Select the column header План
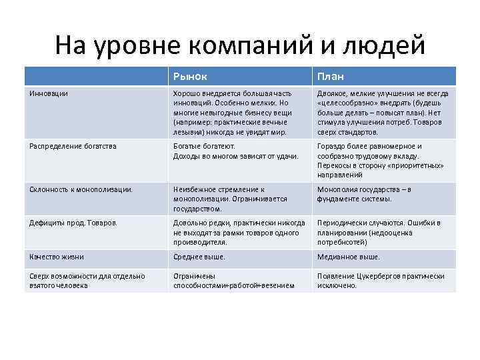tap(331, 76)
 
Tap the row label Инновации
tap(49, 93)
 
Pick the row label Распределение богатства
tap(73, 146)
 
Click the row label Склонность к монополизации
tap(81, 189)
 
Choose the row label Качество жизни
tap(57, 257)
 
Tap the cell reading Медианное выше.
tap(349, 257)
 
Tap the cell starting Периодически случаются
tap(379, 233)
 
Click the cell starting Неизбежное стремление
tap(230, 199)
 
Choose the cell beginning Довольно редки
tap(239, 233)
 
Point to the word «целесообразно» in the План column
tap(351, 103)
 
